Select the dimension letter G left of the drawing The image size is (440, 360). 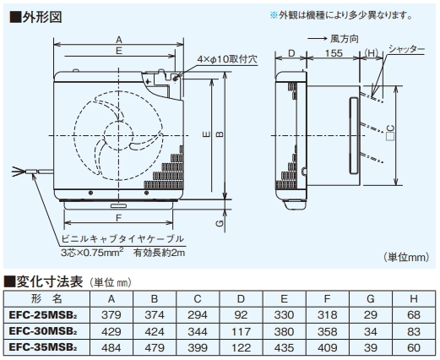click(x=220, y=225)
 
